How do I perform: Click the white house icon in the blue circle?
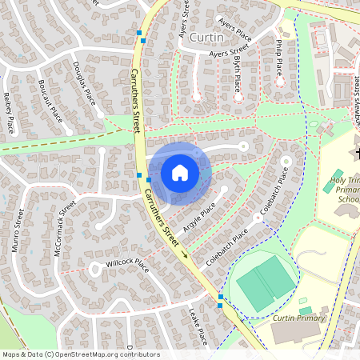(x=180, y=172)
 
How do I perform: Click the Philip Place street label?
(x=278, y=57)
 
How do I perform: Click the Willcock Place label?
(x=127, y=264)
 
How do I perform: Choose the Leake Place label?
(x=198, y=326)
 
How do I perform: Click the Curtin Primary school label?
(x=299, y=318)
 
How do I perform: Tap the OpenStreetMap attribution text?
(x=81, y=354)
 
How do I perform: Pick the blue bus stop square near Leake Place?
(x=221, y=298)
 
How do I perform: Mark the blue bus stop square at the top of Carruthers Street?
(x=141, y=33)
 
